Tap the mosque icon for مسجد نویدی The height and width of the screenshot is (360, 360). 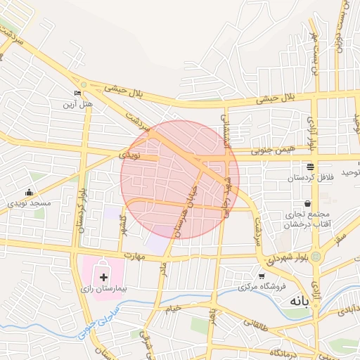pyautogui.click(x=29, y=192)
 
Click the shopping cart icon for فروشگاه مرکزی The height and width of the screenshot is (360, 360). pyautogui.click(x=262, y=276)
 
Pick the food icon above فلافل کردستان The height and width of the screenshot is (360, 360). pyautogui.click(x=310, y=167)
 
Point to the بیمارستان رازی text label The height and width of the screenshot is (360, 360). pyautogui.click(x=103, y=289)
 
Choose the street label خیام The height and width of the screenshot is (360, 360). pyautogui.click(x=173, y=308)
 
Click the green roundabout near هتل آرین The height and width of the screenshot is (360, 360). pyautogui.click(x=84, y=86)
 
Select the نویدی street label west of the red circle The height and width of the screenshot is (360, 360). pyautogui.click(x=129, y=153)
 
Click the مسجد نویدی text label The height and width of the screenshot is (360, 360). pyautogui.click(x=30, y=203)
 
